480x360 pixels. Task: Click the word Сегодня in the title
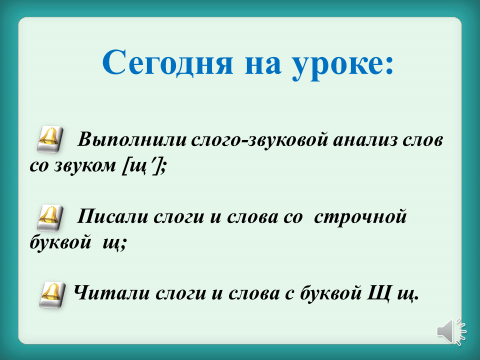pos(168,63)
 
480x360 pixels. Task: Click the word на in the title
pos(263,66)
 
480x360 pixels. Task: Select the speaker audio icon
pos(452,331)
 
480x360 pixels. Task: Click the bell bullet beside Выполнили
pos(50,140)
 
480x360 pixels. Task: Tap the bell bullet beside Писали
pos(50,217)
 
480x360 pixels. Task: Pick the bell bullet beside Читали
pos(52,295)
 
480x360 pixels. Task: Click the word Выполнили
pos(132,140)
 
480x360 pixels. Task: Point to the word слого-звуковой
pos(260,141)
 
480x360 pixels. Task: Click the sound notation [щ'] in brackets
pos(144,166)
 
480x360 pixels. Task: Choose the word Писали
pos(113,217)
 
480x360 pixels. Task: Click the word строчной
pos(360,218)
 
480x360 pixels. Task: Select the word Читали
pos(112,293)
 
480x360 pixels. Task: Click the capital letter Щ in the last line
pos(379,294)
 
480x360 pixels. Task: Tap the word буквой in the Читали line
pos(331,293)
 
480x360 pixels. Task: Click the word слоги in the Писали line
pos(179,218)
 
